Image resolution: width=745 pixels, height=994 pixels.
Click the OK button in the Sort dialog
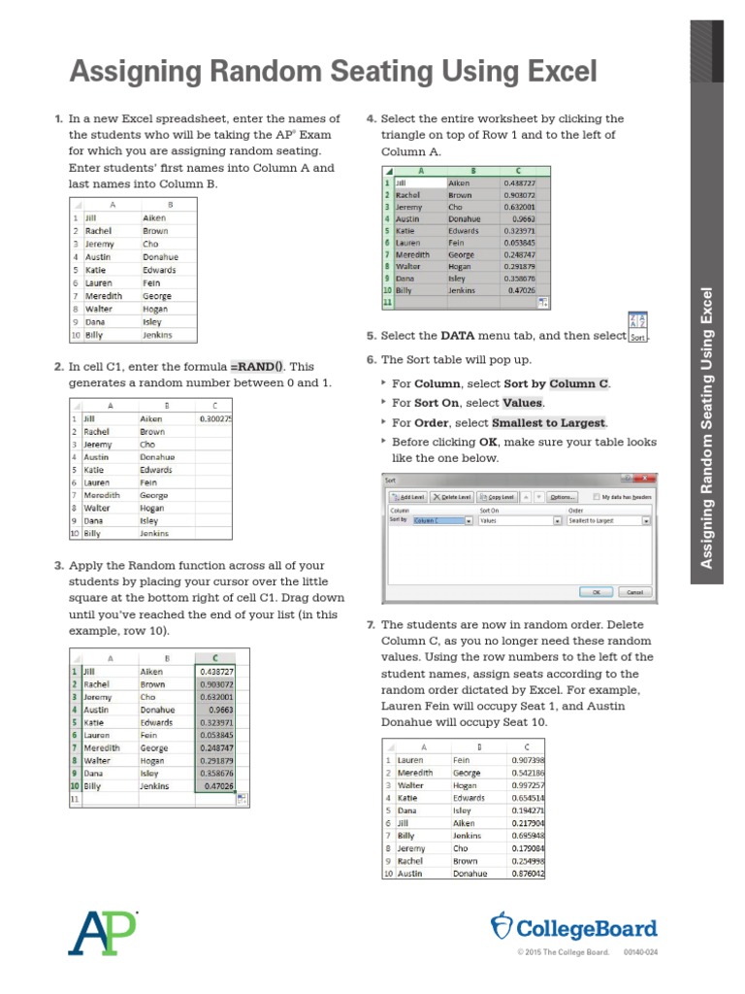pyautogui.click(x=597, y=591)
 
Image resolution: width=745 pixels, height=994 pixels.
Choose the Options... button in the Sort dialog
pyautogui.click(x=562, y=496)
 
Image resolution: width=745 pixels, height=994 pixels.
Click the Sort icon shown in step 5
pyautogui.click(x=637, y=327)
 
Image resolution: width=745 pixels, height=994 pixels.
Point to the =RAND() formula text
pyautogui.click(x=257, y=367)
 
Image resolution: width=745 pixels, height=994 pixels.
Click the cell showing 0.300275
pyautogui.click(x=214, y=418)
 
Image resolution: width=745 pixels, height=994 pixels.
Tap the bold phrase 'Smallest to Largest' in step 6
pyautogui.click(x=549, y=423)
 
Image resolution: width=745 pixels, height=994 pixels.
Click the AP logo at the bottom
pyautogui.click(x=102, y=932)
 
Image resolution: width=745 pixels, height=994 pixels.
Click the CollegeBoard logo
pyautogui.click(x=574, y=928)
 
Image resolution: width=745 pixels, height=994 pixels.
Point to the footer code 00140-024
pyautogui.click(x=640, y=952)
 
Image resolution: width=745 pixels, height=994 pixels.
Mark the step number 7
pyautogui.click(x=370, y=625)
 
